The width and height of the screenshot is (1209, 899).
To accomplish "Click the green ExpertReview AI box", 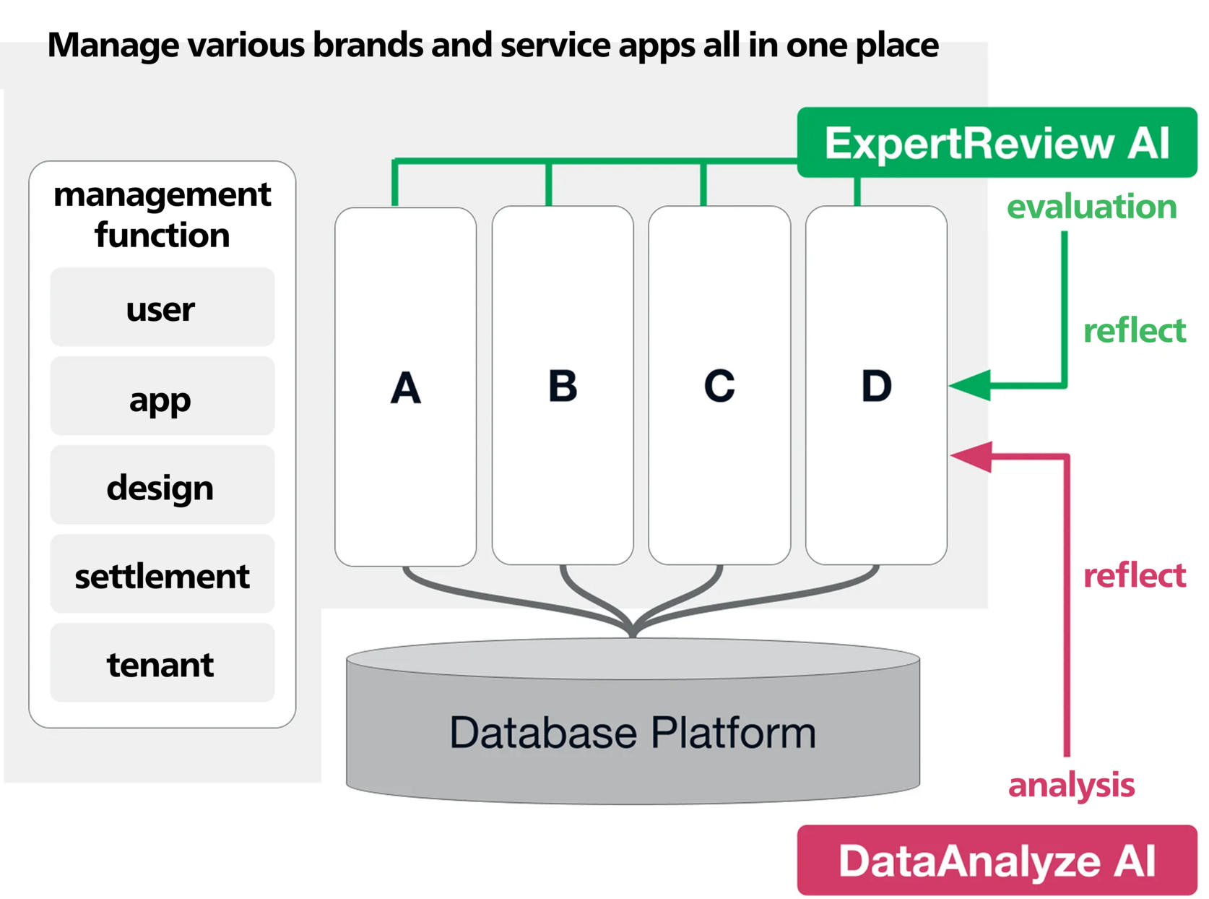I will (997, 142).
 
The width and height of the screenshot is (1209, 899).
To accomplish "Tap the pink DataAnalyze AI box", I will (997, 860).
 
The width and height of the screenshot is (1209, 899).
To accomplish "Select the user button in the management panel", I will (162, 309).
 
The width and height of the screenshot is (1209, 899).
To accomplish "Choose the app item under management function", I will (162, 397).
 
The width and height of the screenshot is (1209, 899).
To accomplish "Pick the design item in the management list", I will (162, 486).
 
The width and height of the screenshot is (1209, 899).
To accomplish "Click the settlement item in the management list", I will (162, 575).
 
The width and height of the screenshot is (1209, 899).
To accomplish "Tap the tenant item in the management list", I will (162, 663).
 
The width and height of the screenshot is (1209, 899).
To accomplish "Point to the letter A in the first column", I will (405, 387).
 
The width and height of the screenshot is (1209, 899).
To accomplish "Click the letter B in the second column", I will (563, 385).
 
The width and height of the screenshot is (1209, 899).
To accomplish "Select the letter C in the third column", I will (719, 385).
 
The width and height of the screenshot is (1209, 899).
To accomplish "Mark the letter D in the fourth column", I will (876, 385).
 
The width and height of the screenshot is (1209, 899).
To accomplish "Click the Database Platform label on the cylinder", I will (633, 732).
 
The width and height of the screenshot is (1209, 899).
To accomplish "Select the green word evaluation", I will (1091, 207).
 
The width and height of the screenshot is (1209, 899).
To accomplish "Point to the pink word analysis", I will (1071, 786).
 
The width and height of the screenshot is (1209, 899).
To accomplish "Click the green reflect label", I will (1134, 330).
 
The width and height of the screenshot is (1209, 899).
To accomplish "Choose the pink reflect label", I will (1134, 576).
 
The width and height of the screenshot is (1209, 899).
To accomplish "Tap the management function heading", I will (162, 215).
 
